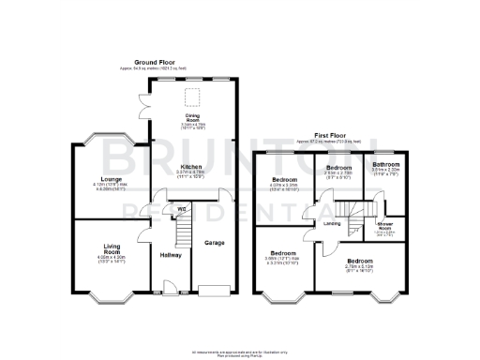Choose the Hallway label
[170, 254]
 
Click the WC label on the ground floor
[169, 208]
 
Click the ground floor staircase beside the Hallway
[185, 225]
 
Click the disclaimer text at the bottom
[240, 353]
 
